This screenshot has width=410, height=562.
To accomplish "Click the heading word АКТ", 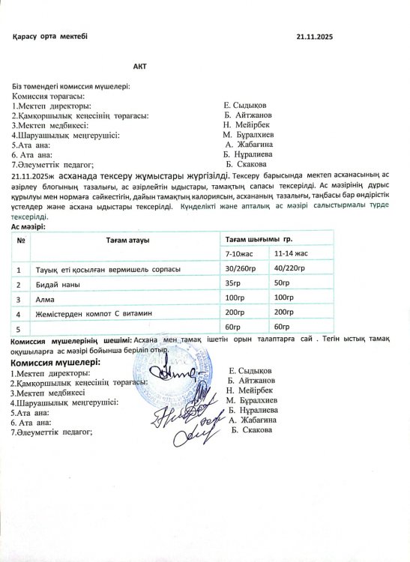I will (x=139, y=67).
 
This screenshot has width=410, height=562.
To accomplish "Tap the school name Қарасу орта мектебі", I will (x=50, y=37).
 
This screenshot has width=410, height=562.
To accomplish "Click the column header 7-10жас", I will (x=239, y=253).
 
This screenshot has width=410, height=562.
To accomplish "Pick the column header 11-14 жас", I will (x=292, y=253).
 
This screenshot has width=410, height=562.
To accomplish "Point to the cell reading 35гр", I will (x=235, y=283).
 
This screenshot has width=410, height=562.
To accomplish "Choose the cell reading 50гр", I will (x=283, y=283).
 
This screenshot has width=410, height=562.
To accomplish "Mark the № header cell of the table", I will (x=21, y=240).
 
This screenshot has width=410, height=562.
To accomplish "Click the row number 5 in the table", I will (x=18, y=327).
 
